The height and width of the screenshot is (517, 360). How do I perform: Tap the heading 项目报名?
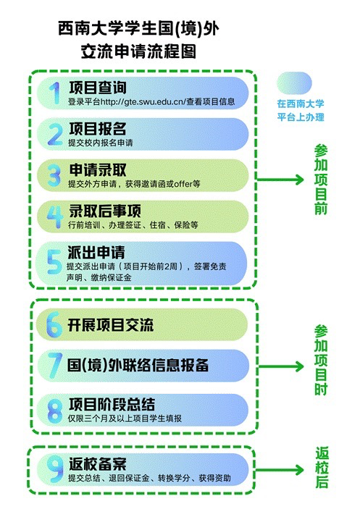coord(98,129)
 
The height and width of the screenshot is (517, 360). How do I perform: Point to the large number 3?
coord(54,175)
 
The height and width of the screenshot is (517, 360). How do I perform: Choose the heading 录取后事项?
coord(105,211)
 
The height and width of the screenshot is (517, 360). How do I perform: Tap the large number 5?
coord(54,261)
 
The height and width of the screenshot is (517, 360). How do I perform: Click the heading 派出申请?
coord(96,252)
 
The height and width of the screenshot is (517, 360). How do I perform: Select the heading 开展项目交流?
coord(111,325)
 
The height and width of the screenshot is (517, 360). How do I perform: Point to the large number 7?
coord(55,366)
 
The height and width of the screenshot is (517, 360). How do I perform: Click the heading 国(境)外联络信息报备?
coord(138,366)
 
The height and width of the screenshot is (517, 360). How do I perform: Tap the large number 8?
coord(55,411)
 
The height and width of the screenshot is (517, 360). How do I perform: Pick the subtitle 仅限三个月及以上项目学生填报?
coord(125,419)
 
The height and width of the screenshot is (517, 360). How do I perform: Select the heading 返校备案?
coord(98,464)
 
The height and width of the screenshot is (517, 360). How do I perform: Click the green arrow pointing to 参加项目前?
coord(280,180)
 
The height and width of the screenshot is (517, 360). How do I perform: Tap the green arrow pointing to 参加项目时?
coord(281,366)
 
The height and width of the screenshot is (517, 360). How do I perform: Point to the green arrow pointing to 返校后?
coord(279,470)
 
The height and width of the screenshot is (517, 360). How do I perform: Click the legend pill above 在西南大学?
coord(294,83)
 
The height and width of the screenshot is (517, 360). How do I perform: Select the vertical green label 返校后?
coord(322,467)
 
